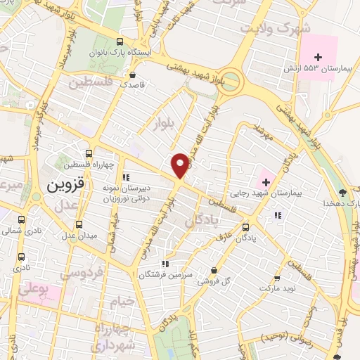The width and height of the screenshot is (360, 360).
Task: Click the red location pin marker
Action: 181,165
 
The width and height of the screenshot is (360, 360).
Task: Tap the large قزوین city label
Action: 65,186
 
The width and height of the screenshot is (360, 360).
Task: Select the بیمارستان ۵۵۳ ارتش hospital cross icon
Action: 318,57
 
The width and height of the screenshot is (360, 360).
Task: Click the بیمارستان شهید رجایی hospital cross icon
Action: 266,182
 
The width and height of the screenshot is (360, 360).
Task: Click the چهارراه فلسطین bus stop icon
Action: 89,153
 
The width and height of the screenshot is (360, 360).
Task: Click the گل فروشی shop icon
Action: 214,270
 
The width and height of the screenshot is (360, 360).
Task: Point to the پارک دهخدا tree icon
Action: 342,192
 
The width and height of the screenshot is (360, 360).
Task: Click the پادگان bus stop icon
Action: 245,227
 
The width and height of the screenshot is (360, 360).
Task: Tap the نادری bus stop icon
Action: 22,257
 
